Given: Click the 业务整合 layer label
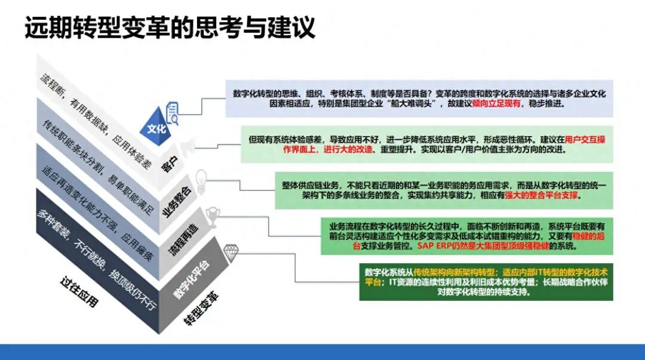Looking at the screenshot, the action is pyautogui.click(x=178, y=202).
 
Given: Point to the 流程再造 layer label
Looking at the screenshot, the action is pyautogui.click(x=184, y=239).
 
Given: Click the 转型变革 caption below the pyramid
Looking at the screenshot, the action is pyautogui.click(x=201, y=309).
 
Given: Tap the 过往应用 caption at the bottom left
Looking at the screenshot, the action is pyautogui.click(x=79, y=292).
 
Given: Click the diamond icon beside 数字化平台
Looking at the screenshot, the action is pyautogui.click(x=231, y=253).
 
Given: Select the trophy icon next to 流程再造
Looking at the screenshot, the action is pyautogui.click(x=212, y=216).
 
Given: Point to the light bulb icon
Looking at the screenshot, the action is pyautogui.click(x=201, y=181).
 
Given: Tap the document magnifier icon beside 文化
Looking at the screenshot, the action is pyautogui.click(x=173, y=113).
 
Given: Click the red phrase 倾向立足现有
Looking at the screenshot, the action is pyautogui.click(x=496, y=104).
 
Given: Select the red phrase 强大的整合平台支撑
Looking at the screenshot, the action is pyautogui.click(x=541, y=195).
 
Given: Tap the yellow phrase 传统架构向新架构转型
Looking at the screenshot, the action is pyautogui.click(x=454, y=272).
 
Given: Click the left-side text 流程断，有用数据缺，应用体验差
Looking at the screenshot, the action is pyautogui.click(x=96, y=121).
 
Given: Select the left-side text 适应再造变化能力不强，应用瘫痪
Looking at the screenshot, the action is pyautogui.click(x=97, y=213).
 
